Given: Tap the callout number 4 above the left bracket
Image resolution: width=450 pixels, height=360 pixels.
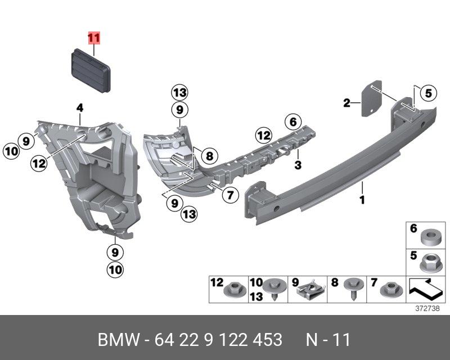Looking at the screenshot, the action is tap(80, 107).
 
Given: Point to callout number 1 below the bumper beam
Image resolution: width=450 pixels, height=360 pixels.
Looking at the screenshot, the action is tap(362, 199).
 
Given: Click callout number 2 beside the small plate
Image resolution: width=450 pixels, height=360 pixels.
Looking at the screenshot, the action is tap(347, 102).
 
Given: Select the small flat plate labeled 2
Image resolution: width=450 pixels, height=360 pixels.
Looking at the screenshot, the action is tap(370, 100).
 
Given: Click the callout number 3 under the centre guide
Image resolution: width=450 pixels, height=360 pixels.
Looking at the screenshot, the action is tap(298, 165).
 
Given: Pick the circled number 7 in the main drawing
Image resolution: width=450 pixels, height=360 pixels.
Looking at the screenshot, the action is tap(229, 195).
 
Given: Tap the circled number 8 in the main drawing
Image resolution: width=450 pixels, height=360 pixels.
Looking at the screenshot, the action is tap(208, 155).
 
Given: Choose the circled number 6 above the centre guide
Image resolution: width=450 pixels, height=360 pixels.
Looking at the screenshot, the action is tap(292, 120).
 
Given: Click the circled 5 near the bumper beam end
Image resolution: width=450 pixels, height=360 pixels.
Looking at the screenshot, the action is tap(427, 93).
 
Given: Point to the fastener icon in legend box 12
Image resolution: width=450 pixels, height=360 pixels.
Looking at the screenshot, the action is tap(232, 290).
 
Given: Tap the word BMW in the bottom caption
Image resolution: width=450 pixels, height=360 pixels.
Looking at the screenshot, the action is tap(119, 340).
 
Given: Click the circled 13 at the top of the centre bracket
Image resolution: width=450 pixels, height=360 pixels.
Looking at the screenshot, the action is tap(179, 93).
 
